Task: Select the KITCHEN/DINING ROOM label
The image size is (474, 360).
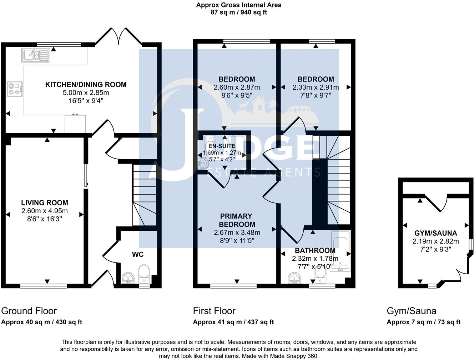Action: tap(86, 85)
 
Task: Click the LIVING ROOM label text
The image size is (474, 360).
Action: tap(44, 203)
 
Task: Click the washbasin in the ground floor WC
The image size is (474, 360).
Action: tap(128, 277)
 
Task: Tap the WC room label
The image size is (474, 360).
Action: tap(138, 254)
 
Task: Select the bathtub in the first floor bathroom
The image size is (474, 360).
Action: tap(340, 251)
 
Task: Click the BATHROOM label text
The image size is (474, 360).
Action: tap(315, 250)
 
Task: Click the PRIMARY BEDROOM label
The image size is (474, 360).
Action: tap(237, 220)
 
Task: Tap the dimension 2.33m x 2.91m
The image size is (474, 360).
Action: tap(316, 87)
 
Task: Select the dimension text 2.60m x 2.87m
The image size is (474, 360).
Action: tap(237, 87)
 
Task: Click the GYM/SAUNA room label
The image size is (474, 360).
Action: tap(435, 233)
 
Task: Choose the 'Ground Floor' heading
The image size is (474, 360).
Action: tap(29, 311)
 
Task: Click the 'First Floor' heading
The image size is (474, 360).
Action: tap(214, 311)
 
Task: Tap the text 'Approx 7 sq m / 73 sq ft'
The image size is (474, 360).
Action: tap(423, 322)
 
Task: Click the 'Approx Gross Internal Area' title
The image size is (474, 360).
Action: tap(239, 5)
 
